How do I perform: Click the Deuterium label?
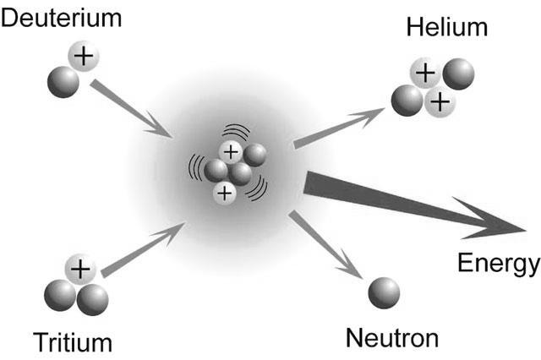[x=62, y=18]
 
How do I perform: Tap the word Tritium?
[x=73, y=342]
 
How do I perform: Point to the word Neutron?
[x=392, y=337]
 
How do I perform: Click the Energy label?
[x=499, y=264]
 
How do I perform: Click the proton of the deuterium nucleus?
[x=84, y=56]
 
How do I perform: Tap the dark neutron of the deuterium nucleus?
[x=63, y=82]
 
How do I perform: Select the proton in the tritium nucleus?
[x=80, y=270]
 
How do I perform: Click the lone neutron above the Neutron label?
[x=384, y=293]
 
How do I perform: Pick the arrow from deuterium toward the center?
[x=131, y=109]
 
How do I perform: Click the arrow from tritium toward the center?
[x=144, y=249]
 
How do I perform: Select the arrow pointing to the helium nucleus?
[x=339, y=128]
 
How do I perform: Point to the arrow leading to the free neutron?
[x=325, y=244]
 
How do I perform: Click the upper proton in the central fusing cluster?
[x=231, y=152]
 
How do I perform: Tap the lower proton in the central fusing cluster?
[x=225, y=194]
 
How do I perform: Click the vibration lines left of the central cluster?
[x=195, y=168]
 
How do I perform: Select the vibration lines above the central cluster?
[x=237, y=131]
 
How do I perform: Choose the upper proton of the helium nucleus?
[x=425, y=74]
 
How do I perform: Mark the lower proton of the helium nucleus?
[x=440, y=102]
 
